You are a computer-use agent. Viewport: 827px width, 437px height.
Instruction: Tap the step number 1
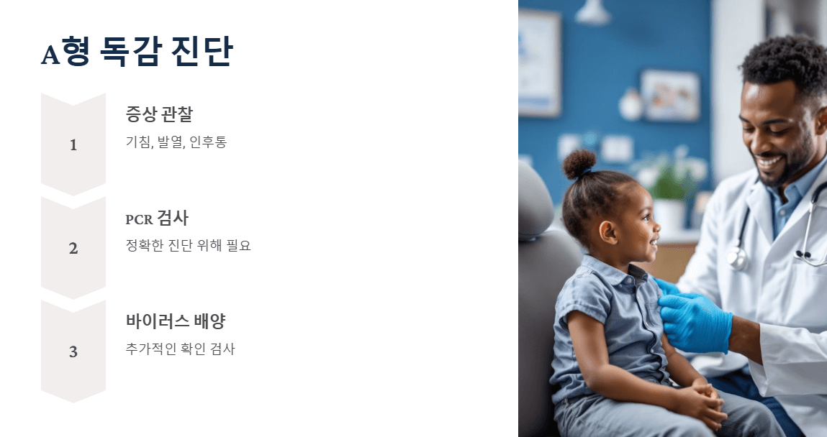pos(73,145)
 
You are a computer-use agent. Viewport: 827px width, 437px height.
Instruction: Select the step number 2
pos(73,249)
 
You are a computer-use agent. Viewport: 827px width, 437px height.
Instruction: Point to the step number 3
pos(73,352)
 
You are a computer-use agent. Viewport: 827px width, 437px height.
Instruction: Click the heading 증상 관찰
pos(159,114)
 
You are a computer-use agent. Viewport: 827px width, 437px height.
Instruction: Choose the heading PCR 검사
pos(157,218)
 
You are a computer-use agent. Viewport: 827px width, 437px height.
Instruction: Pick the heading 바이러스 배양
pos(176,321)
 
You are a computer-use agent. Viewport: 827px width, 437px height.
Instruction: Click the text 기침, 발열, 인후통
pos(176,142)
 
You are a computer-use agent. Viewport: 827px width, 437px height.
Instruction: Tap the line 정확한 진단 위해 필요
pos(188,245)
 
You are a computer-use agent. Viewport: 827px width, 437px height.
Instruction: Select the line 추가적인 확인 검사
pos(180,349)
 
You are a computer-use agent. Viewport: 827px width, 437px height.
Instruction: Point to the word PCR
pos(139,219)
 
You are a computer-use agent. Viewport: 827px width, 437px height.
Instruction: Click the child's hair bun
pos(579,164)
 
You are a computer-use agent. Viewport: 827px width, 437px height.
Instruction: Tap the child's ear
pos(607,231)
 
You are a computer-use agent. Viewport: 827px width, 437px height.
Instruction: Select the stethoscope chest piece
pos(737,258)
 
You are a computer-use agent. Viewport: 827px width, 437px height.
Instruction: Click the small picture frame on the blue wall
pos(669,95)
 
